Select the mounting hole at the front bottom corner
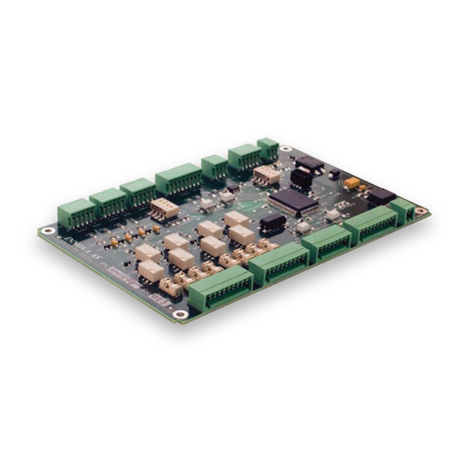coord(179,313)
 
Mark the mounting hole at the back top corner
coord(285,149)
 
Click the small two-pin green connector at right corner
coord(402,209)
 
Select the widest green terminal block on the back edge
coord(178,178)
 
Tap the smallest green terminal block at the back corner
coord(268,149)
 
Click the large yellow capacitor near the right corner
coord(352,182)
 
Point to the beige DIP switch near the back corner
coord(266,174)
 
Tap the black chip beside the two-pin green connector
coord(381,197)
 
